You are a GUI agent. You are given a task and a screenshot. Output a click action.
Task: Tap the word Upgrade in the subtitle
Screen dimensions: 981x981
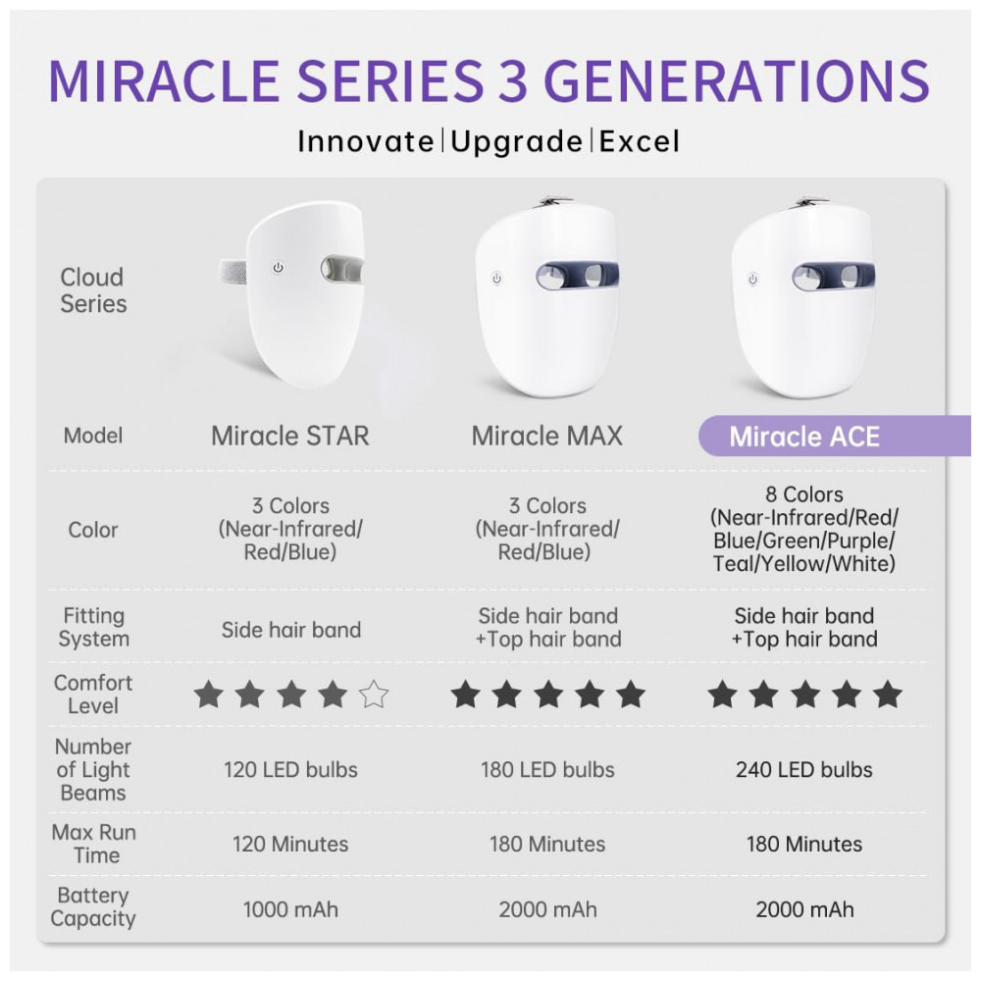tap(517, 142)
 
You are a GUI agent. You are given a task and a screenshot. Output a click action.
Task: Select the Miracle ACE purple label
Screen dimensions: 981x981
tap(834, 437)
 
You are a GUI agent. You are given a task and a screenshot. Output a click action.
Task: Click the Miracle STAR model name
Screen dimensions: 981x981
tap(290, 437)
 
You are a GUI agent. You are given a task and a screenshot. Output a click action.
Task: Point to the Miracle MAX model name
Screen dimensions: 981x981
tap(547, 437)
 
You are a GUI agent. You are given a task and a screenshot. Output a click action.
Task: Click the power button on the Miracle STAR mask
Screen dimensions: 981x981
tap(278, 268)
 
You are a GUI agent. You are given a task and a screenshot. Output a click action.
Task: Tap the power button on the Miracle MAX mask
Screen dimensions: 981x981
tap(496, 279)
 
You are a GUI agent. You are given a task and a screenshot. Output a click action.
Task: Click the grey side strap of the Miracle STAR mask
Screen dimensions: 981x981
tap(232, 273)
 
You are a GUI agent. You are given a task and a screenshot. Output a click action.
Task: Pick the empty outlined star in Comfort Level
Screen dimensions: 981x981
tap(374, 695)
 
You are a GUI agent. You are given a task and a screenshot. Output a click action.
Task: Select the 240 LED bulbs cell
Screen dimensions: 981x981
tap(804, 769)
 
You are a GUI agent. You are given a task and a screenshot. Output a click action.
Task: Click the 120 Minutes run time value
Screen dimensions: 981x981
tap(290, 844)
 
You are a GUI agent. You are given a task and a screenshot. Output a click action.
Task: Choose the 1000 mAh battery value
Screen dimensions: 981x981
tap(290, 909)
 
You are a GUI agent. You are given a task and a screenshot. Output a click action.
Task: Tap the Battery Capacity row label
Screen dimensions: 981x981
tap(93, 906)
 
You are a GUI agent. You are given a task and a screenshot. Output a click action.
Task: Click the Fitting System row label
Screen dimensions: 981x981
tap(94, 628)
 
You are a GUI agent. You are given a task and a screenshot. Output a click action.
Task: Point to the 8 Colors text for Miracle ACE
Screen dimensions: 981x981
tap(804, 494)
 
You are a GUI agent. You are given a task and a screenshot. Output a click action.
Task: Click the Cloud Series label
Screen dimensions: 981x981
tap(93, 290)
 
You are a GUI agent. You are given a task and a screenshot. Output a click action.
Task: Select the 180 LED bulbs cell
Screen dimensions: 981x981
tap(547, 769)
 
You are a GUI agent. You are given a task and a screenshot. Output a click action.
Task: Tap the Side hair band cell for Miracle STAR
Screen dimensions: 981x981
tap(291, 630)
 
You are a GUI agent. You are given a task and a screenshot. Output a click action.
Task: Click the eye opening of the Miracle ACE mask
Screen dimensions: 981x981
tap(833, 276)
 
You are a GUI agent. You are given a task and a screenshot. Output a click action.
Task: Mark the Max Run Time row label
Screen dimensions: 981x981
tap(94, 844)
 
